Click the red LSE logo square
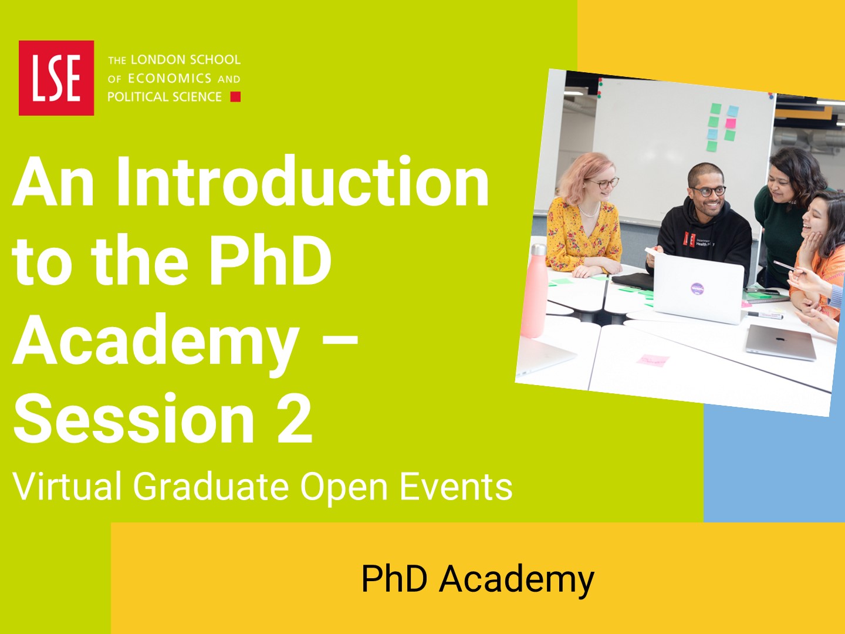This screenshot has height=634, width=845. [56, 77]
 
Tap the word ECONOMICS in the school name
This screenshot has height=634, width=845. [170, 79]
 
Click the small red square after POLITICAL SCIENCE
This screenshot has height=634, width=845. [235, 97]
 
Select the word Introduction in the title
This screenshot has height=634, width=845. [303, 182]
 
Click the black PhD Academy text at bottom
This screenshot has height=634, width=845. [478, 579]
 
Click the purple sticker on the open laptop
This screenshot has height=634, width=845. [697, 288]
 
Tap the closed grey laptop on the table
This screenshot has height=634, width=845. [780, 342]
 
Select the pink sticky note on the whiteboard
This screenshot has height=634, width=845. [731, 123]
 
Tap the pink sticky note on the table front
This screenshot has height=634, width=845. [653, 360]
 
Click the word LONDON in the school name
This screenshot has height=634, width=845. [153, 60]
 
